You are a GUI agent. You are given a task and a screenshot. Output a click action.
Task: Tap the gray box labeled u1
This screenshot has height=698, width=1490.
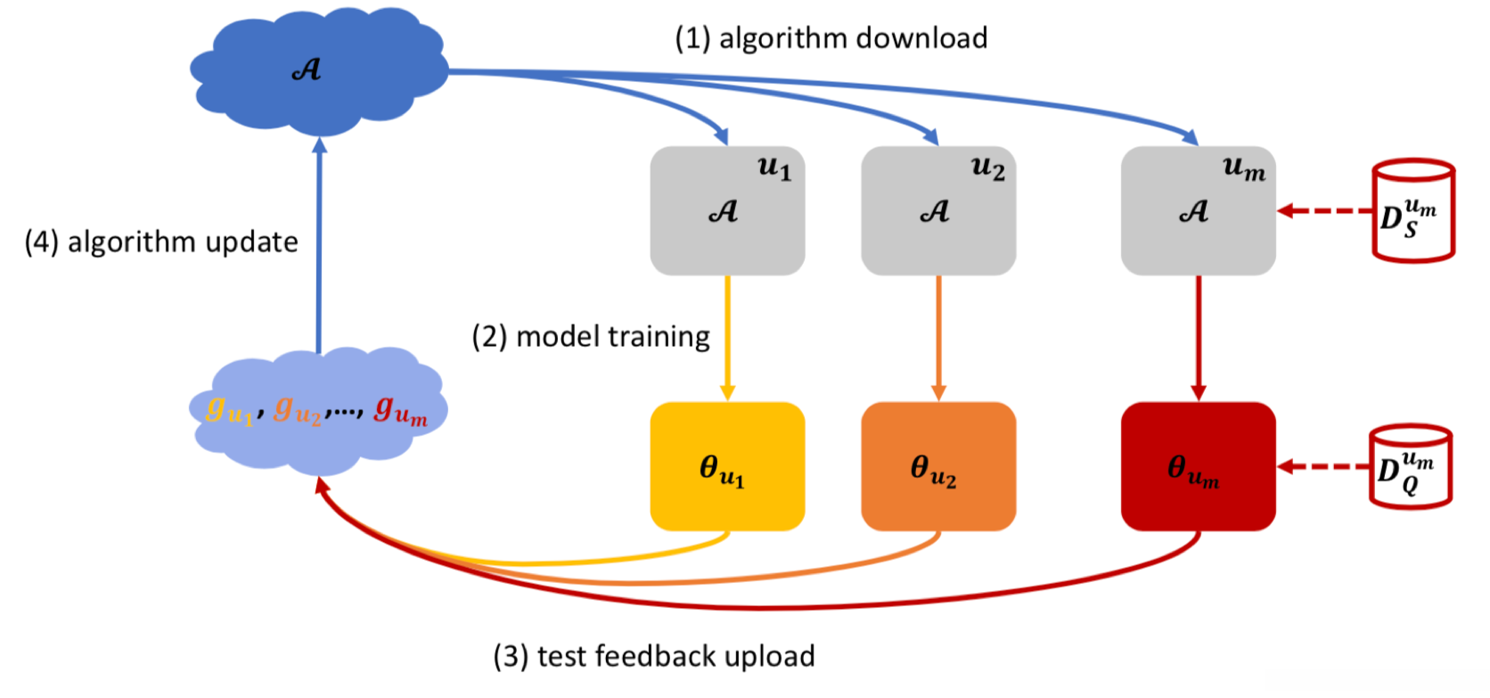pos(728,211)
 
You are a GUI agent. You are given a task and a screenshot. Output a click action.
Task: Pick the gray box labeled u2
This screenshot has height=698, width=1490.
pos(938,211)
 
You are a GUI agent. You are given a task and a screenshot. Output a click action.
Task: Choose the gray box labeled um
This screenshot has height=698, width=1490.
pos(1199,211)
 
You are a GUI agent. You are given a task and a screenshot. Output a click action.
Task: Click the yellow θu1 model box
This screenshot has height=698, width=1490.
pos(728,466)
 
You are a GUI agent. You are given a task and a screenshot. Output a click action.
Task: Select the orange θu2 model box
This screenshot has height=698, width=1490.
pos(938,466)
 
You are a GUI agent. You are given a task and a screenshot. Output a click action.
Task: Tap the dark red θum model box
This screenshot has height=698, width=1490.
pos(1199,466)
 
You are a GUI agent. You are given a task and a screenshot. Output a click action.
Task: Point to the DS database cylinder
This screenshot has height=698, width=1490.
pos(1413,211)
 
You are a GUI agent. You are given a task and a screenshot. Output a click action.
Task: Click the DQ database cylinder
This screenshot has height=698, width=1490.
pos(1411,466)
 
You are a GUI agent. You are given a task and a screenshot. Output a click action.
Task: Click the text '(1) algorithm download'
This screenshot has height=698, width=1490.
pos(831,38)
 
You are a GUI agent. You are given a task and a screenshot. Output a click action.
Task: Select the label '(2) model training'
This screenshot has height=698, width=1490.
pos(591,337)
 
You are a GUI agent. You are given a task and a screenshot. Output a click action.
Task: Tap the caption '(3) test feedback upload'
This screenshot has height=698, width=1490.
pos(654,657)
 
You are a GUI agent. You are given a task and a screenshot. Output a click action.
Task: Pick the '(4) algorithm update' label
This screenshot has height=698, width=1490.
pos(161,242)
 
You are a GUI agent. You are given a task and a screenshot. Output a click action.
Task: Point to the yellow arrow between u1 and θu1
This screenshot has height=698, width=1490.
pos(728,339)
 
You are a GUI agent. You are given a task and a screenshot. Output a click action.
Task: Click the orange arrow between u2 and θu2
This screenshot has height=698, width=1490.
pos(938,339)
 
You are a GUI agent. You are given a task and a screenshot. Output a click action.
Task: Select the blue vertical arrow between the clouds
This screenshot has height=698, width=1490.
pos(319,245)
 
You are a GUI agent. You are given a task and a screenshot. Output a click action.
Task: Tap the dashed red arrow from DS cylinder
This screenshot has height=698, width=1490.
pos(1325,211)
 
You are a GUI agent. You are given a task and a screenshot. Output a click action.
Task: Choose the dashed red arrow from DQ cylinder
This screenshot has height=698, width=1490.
pos(1323,466)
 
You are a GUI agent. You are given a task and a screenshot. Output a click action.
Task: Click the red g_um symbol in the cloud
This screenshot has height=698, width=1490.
pos(400,410)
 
